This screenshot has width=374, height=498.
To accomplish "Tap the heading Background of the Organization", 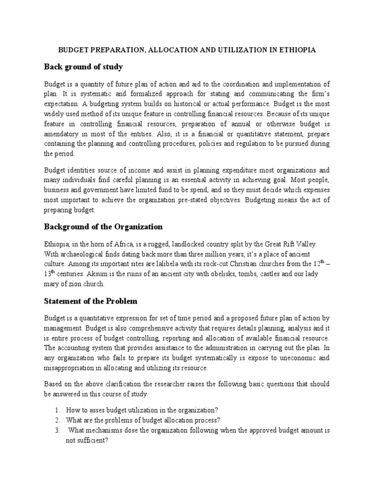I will coord(103,227).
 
